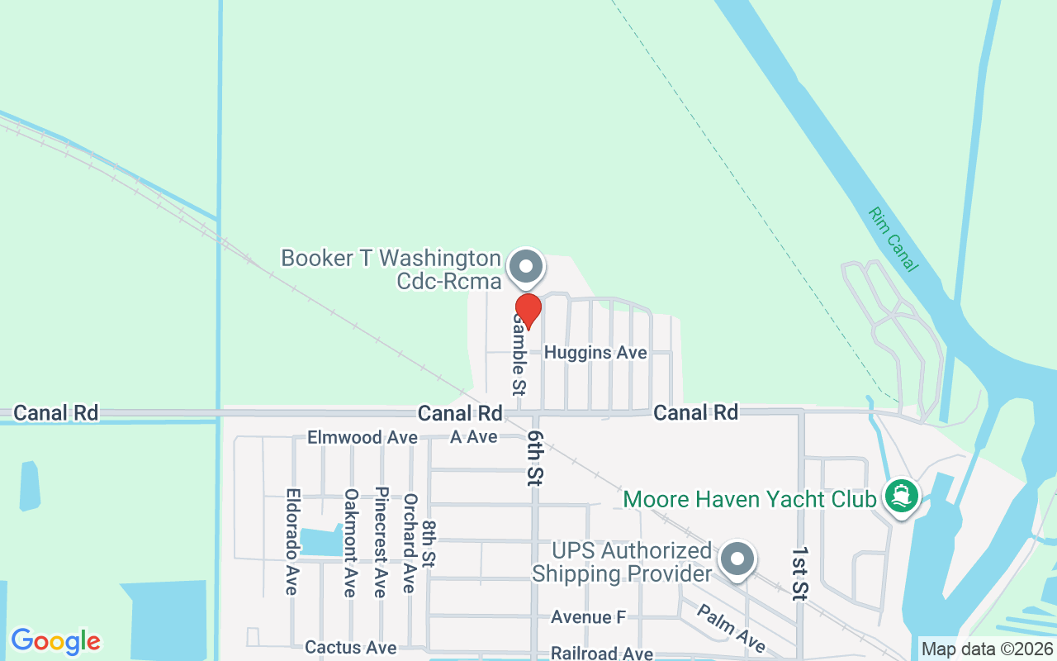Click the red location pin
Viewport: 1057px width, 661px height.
point(528,311)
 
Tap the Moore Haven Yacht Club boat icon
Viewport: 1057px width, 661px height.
point(902,497)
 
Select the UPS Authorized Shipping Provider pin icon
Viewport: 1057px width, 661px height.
point(737,559)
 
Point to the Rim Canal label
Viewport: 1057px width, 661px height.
point(893,239)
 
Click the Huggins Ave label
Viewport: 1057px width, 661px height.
point(595,353)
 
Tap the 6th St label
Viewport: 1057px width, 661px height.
point(536,457)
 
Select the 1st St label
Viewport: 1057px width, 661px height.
point(799,572)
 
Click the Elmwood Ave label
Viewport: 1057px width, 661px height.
point(363,437)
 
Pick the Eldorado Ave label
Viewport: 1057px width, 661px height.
point(292,542)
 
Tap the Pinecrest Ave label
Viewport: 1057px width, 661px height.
point(380,542)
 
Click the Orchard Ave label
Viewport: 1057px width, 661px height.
point(409,543)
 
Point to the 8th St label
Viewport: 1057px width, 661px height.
point(429,543)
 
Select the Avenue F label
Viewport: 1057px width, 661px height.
point(588,617)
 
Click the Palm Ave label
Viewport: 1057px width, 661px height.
point(731,629)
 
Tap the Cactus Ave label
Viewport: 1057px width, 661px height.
point(350,647)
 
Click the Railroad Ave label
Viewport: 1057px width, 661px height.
point(602,654)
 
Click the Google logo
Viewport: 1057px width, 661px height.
point(55,641)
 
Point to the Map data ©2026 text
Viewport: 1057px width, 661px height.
point(987,649)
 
